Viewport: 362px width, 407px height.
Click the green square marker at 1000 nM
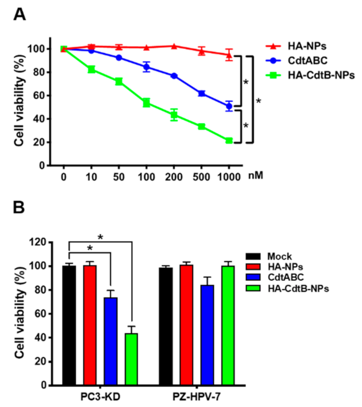(x=229, y=141)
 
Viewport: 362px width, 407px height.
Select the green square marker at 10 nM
(x=92, y=69)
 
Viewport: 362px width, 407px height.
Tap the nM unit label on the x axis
(x=256, y=176)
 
